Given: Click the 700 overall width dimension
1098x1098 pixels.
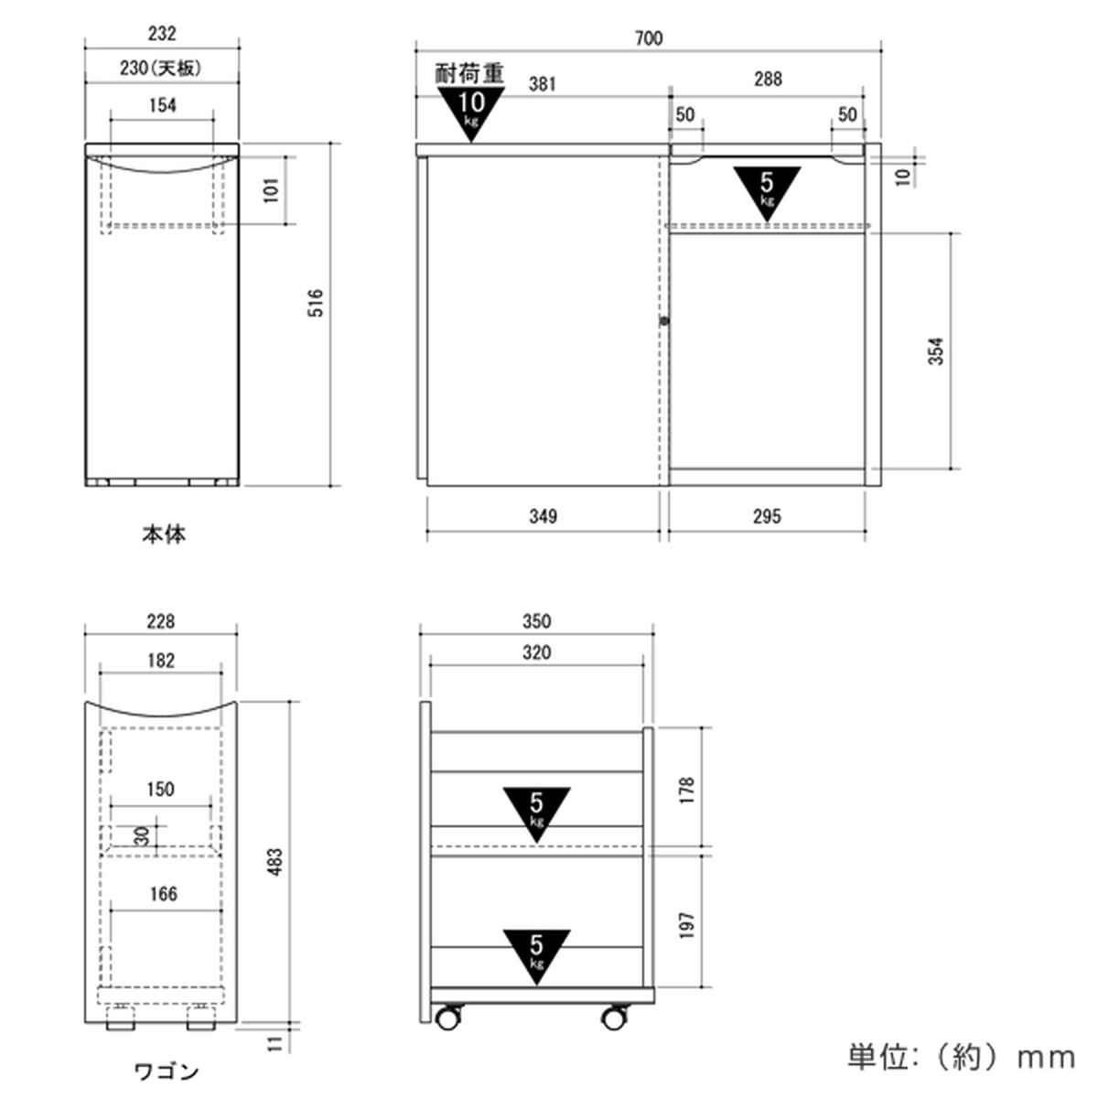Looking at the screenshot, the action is [x=649, y=38].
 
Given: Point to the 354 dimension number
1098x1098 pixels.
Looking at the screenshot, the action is [x=936, y=351].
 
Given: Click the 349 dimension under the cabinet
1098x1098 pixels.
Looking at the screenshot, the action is [x=543, y=516].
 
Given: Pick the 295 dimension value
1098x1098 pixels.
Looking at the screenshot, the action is [x=767, y=516].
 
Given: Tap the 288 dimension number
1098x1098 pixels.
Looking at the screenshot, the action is [x=768, y=79].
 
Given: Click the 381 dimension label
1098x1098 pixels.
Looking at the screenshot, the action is [x=542, y=84].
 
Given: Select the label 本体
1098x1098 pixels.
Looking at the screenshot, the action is [x=164, y=534].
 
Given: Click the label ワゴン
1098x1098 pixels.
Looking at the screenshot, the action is [x=167, y=1071].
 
